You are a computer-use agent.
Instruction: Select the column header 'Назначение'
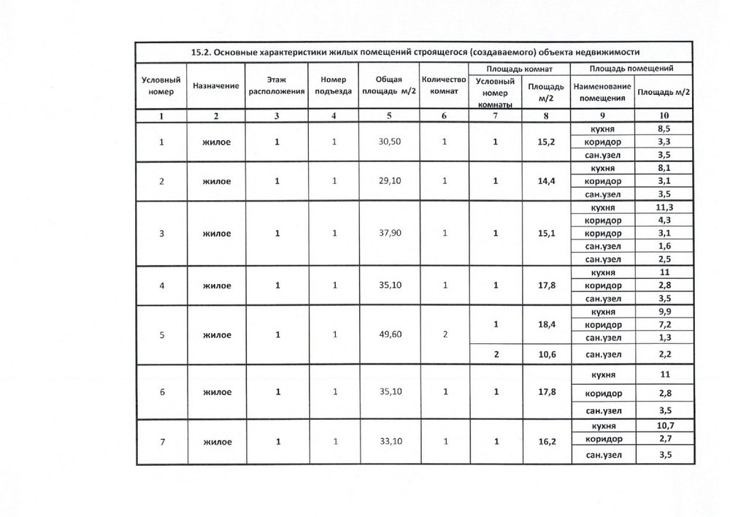point(216,86)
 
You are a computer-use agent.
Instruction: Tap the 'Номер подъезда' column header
point(333,86)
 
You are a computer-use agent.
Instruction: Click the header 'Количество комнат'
point(444,86)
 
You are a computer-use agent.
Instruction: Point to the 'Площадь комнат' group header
point(518,69)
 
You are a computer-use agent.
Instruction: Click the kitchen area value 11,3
point(664,207)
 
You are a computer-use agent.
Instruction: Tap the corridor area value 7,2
point(664,323)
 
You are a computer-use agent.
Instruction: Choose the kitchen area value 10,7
point(664,426)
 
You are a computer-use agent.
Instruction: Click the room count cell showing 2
point(444,335)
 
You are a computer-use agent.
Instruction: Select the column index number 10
point(664,115)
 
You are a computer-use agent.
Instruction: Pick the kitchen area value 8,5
point(664,129)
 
